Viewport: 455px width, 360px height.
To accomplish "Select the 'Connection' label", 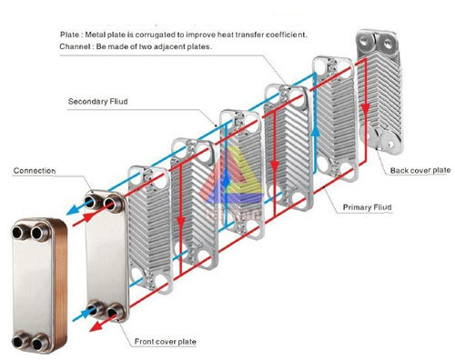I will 35,170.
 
